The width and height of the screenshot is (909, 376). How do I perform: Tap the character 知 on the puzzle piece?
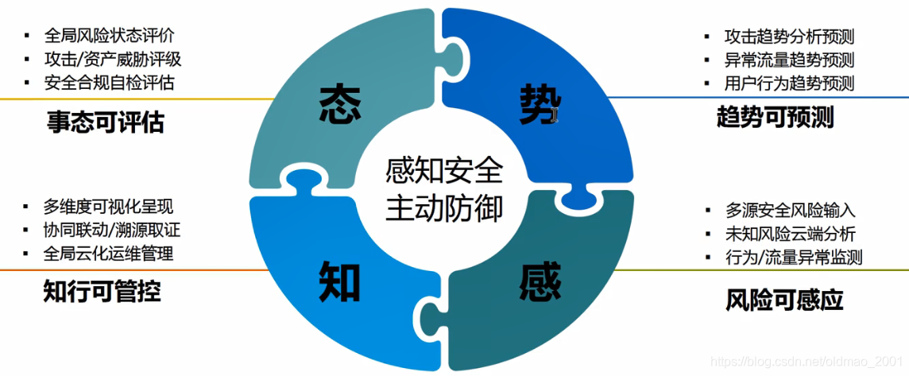tap(339, 281)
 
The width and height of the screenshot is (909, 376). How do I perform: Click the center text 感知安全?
tap(443, 169)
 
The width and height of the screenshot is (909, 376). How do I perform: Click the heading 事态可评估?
tap(105, 122)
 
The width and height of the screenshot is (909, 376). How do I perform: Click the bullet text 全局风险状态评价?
tap(109, 36)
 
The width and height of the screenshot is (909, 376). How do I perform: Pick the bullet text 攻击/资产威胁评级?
tap(113, 59)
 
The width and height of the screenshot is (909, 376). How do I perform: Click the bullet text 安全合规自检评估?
tap(109, 82)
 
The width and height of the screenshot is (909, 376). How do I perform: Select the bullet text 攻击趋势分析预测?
tap(789, 37)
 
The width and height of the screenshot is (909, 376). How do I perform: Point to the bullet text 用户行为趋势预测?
tap(789, 83)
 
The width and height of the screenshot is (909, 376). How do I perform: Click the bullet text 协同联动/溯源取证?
tap(113, 231)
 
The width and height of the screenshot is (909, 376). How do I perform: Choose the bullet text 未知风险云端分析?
tap(790, 234)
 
